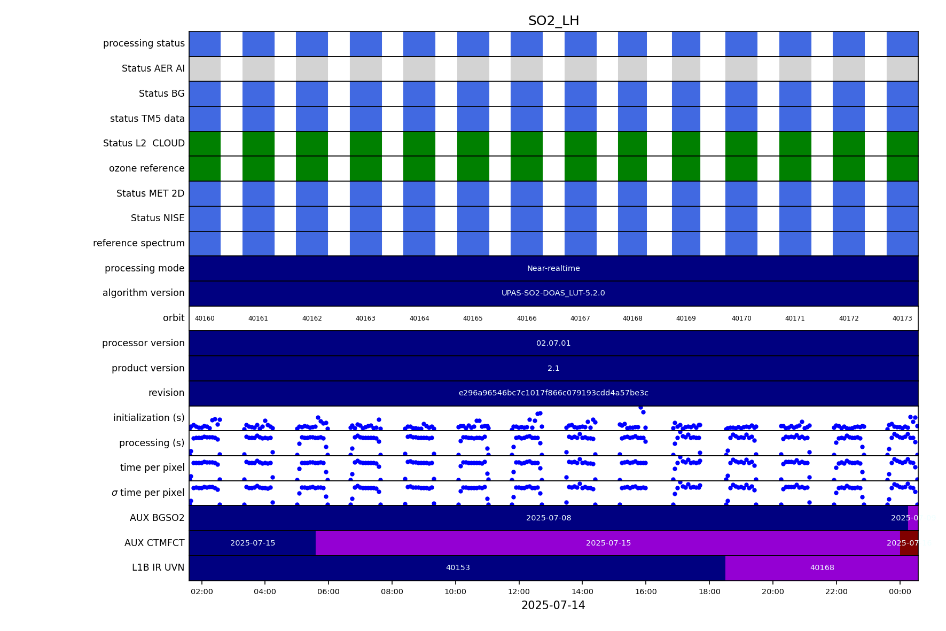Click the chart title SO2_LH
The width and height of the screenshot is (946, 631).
click(553, 21)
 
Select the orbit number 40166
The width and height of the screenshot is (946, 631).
click(527, 318)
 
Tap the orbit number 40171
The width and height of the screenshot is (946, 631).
click(795, 318)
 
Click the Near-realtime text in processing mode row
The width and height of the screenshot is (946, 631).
click(553, 269)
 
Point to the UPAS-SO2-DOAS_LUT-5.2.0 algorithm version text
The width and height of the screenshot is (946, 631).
click(553, 293)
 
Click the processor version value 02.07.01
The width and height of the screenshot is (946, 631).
click(553, 344)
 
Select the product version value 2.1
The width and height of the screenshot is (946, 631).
click(553, 369)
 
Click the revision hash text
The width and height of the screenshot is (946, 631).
click(553, 393)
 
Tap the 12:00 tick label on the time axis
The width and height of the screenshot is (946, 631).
click(519, 591)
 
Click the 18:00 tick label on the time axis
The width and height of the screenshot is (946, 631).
click(709, 591)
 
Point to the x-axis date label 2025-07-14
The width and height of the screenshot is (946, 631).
click(553, 605)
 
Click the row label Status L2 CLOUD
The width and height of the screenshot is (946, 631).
click(144, 144)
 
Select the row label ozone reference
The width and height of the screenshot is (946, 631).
click(147, 169)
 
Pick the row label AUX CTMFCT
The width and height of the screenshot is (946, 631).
click(154, 543)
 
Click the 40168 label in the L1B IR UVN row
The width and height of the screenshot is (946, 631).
click(822, 568)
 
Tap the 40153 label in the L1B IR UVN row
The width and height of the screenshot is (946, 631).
click(458, 568)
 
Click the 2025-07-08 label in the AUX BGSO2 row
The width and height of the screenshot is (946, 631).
click(549, 518)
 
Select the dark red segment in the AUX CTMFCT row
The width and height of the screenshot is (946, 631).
click(909, 543)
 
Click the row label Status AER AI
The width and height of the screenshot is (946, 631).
click(153, 69)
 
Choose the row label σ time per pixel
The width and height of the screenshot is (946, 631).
click(148, 493)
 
